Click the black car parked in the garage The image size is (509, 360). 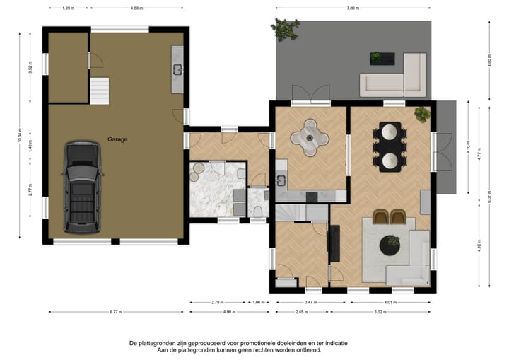(x=82, y=187)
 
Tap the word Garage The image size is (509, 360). (x=118, y=139)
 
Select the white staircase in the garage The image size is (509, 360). (x=100, y=91)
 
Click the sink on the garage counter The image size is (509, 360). (x=177, y=69)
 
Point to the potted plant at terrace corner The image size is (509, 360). (x=284, y=29)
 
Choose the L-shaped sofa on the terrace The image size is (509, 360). (x=396, y=78)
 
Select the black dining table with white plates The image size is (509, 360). (x=390, y=146)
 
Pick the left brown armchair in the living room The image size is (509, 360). (x=381, y=217)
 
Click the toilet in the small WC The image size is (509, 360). (x=259, y=211)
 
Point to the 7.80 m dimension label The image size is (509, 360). (x=353, y=8)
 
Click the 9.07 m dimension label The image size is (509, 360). (x=489, y=200)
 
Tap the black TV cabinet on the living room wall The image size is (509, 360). (x=335, y=244)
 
